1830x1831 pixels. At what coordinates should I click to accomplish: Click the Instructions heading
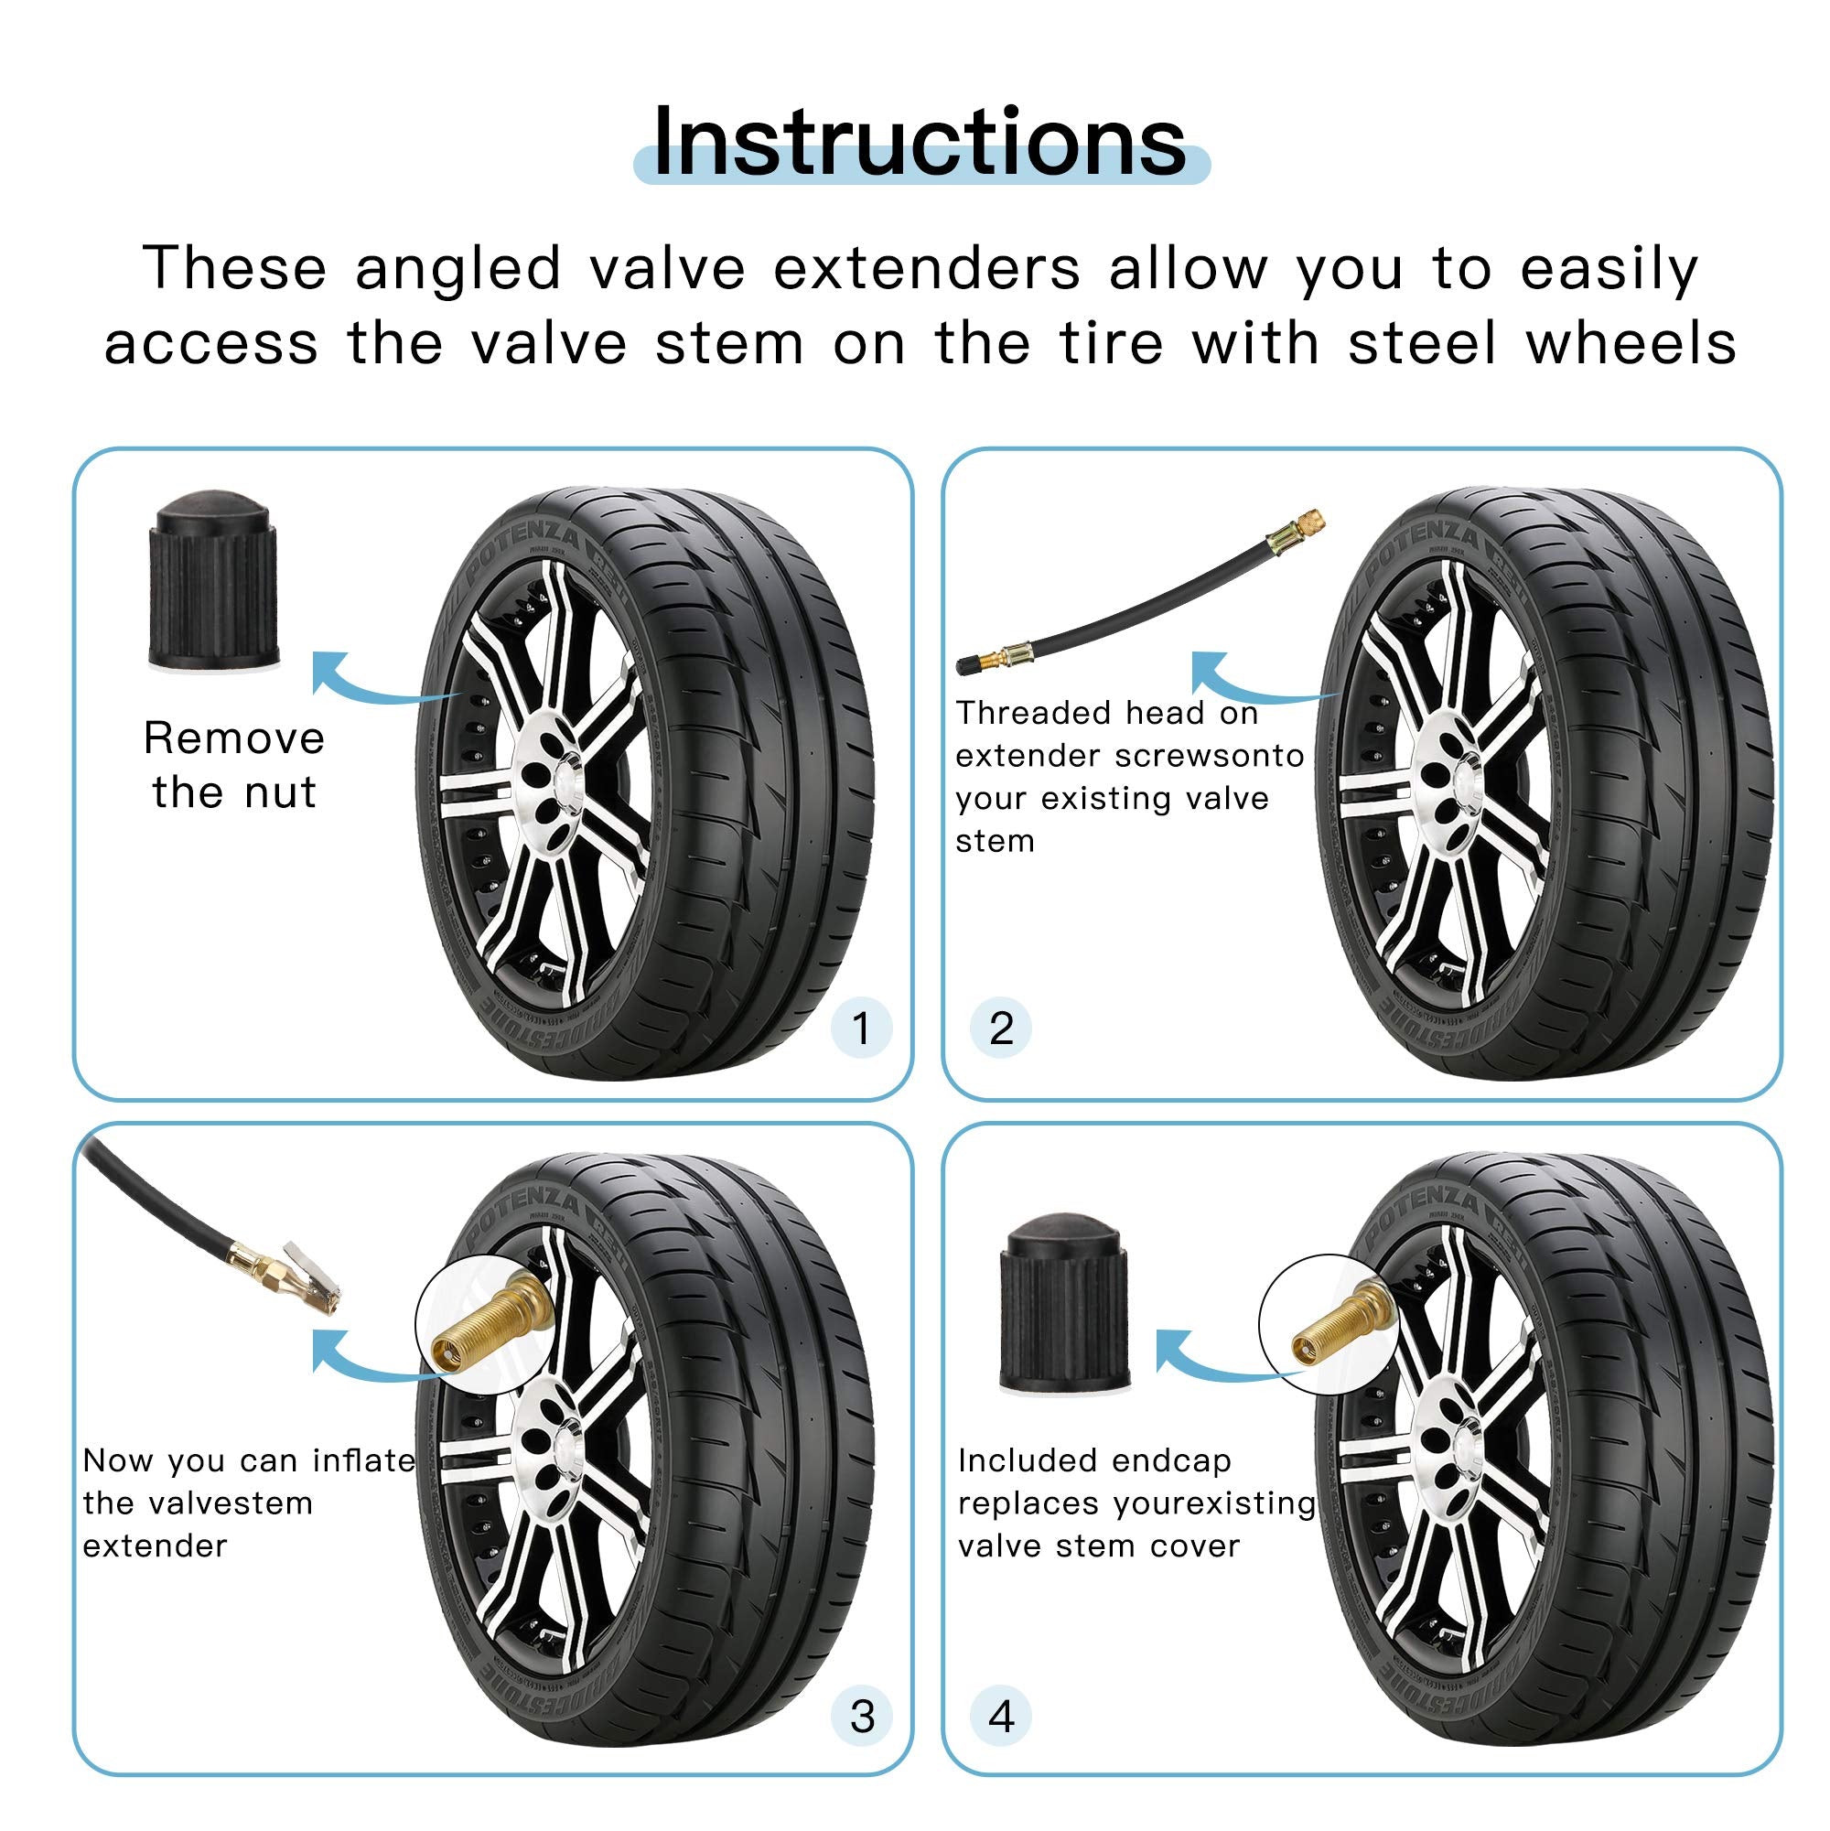pos(920,142)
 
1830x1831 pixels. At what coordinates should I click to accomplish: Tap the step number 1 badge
pos(860,1029)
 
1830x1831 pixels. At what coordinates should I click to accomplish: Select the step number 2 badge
pos(1001,1029)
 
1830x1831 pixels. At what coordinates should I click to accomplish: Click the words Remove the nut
pos(234,765)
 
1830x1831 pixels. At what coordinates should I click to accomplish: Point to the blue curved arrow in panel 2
pos(1251,683)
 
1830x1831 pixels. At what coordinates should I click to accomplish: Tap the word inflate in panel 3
pos(363,1460)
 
